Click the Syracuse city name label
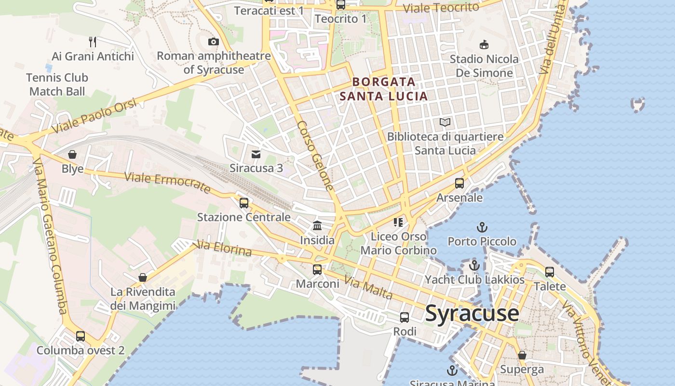coord(472,313)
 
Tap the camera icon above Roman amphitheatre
coord(214,42)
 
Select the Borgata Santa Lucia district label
coord(384,89)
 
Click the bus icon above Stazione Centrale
coord(244,203)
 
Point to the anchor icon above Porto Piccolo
coord(482,227)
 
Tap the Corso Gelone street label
coord(316,155)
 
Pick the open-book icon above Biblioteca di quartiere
coord(445,123)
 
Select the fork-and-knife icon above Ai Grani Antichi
coord(93,42)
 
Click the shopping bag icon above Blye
coord(72,154)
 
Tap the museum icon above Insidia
coord(317,225)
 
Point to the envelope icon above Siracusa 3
coord(256,154)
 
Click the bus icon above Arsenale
coord(459,183)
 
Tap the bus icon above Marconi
coord(317,270)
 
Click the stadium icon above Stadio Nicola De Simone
coord(484,45)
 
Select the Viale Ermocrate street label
coord(167,182)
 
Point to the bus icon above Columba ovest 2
coord(81,336)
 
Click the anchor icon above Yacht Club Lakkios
coord(474,265)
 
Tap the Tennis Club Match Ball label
coord(57,84)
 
